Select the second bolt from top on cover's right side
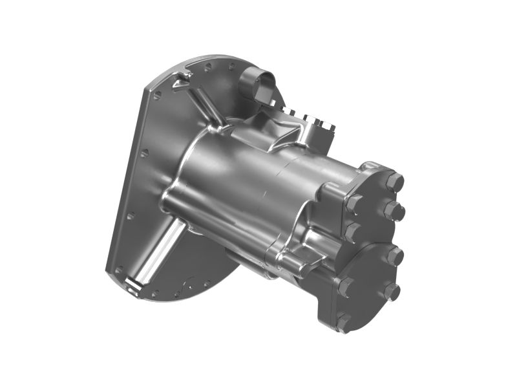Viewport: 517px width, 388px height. [395, 210]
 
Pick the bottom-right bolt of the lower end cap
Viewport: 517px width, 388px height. [391, 292]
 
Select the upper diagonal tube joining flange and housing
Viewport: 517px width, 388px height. [206, 107]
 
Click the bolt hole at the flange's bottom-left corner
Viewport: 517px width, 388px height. [119, 270]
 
